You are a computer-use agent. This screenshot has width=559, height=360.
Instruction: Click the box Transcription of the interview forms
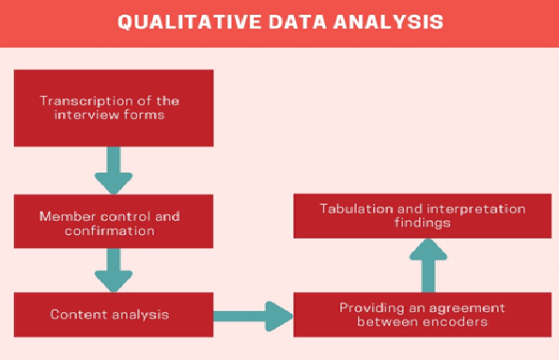coord(113,108)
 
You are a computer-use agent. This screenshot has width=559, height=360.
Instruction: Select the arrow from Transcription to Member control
coord(114,169)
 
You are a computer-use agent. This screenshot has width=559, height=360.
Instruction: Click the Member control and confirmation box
coord(113,223)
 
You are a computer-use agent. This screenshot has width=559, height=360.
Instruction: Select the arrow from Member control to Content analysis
coord(114,271)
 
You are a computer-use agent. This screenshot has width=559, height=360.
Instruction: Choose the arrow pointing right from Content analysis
coord(253,316)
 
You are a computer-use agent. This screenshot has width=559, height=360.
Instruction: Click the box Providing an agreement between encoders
coord(422,315)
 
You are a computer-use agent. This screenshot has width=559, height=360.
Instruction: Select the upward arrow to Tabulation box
coord(429,264)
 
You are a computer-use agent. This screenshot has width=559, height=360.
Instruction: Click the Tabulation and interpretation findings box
coord(422,215)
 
